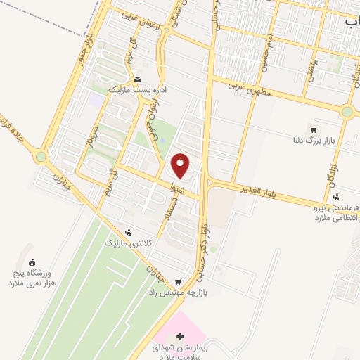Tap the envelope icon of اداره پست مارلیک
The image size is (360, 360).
[x=137, y=79]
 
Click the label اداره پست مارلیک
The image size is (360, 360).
[x=137, y=91]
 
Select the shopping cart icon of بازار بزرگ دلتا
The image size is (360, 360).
[x=314, y=129]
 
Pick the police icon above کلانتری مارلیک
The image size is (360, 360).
[x=128, y=231]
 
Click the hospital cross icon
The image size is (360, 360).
[x=180, y=337]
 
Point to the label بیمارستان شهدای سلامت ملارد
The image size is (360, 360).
[x=180, y=353]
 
